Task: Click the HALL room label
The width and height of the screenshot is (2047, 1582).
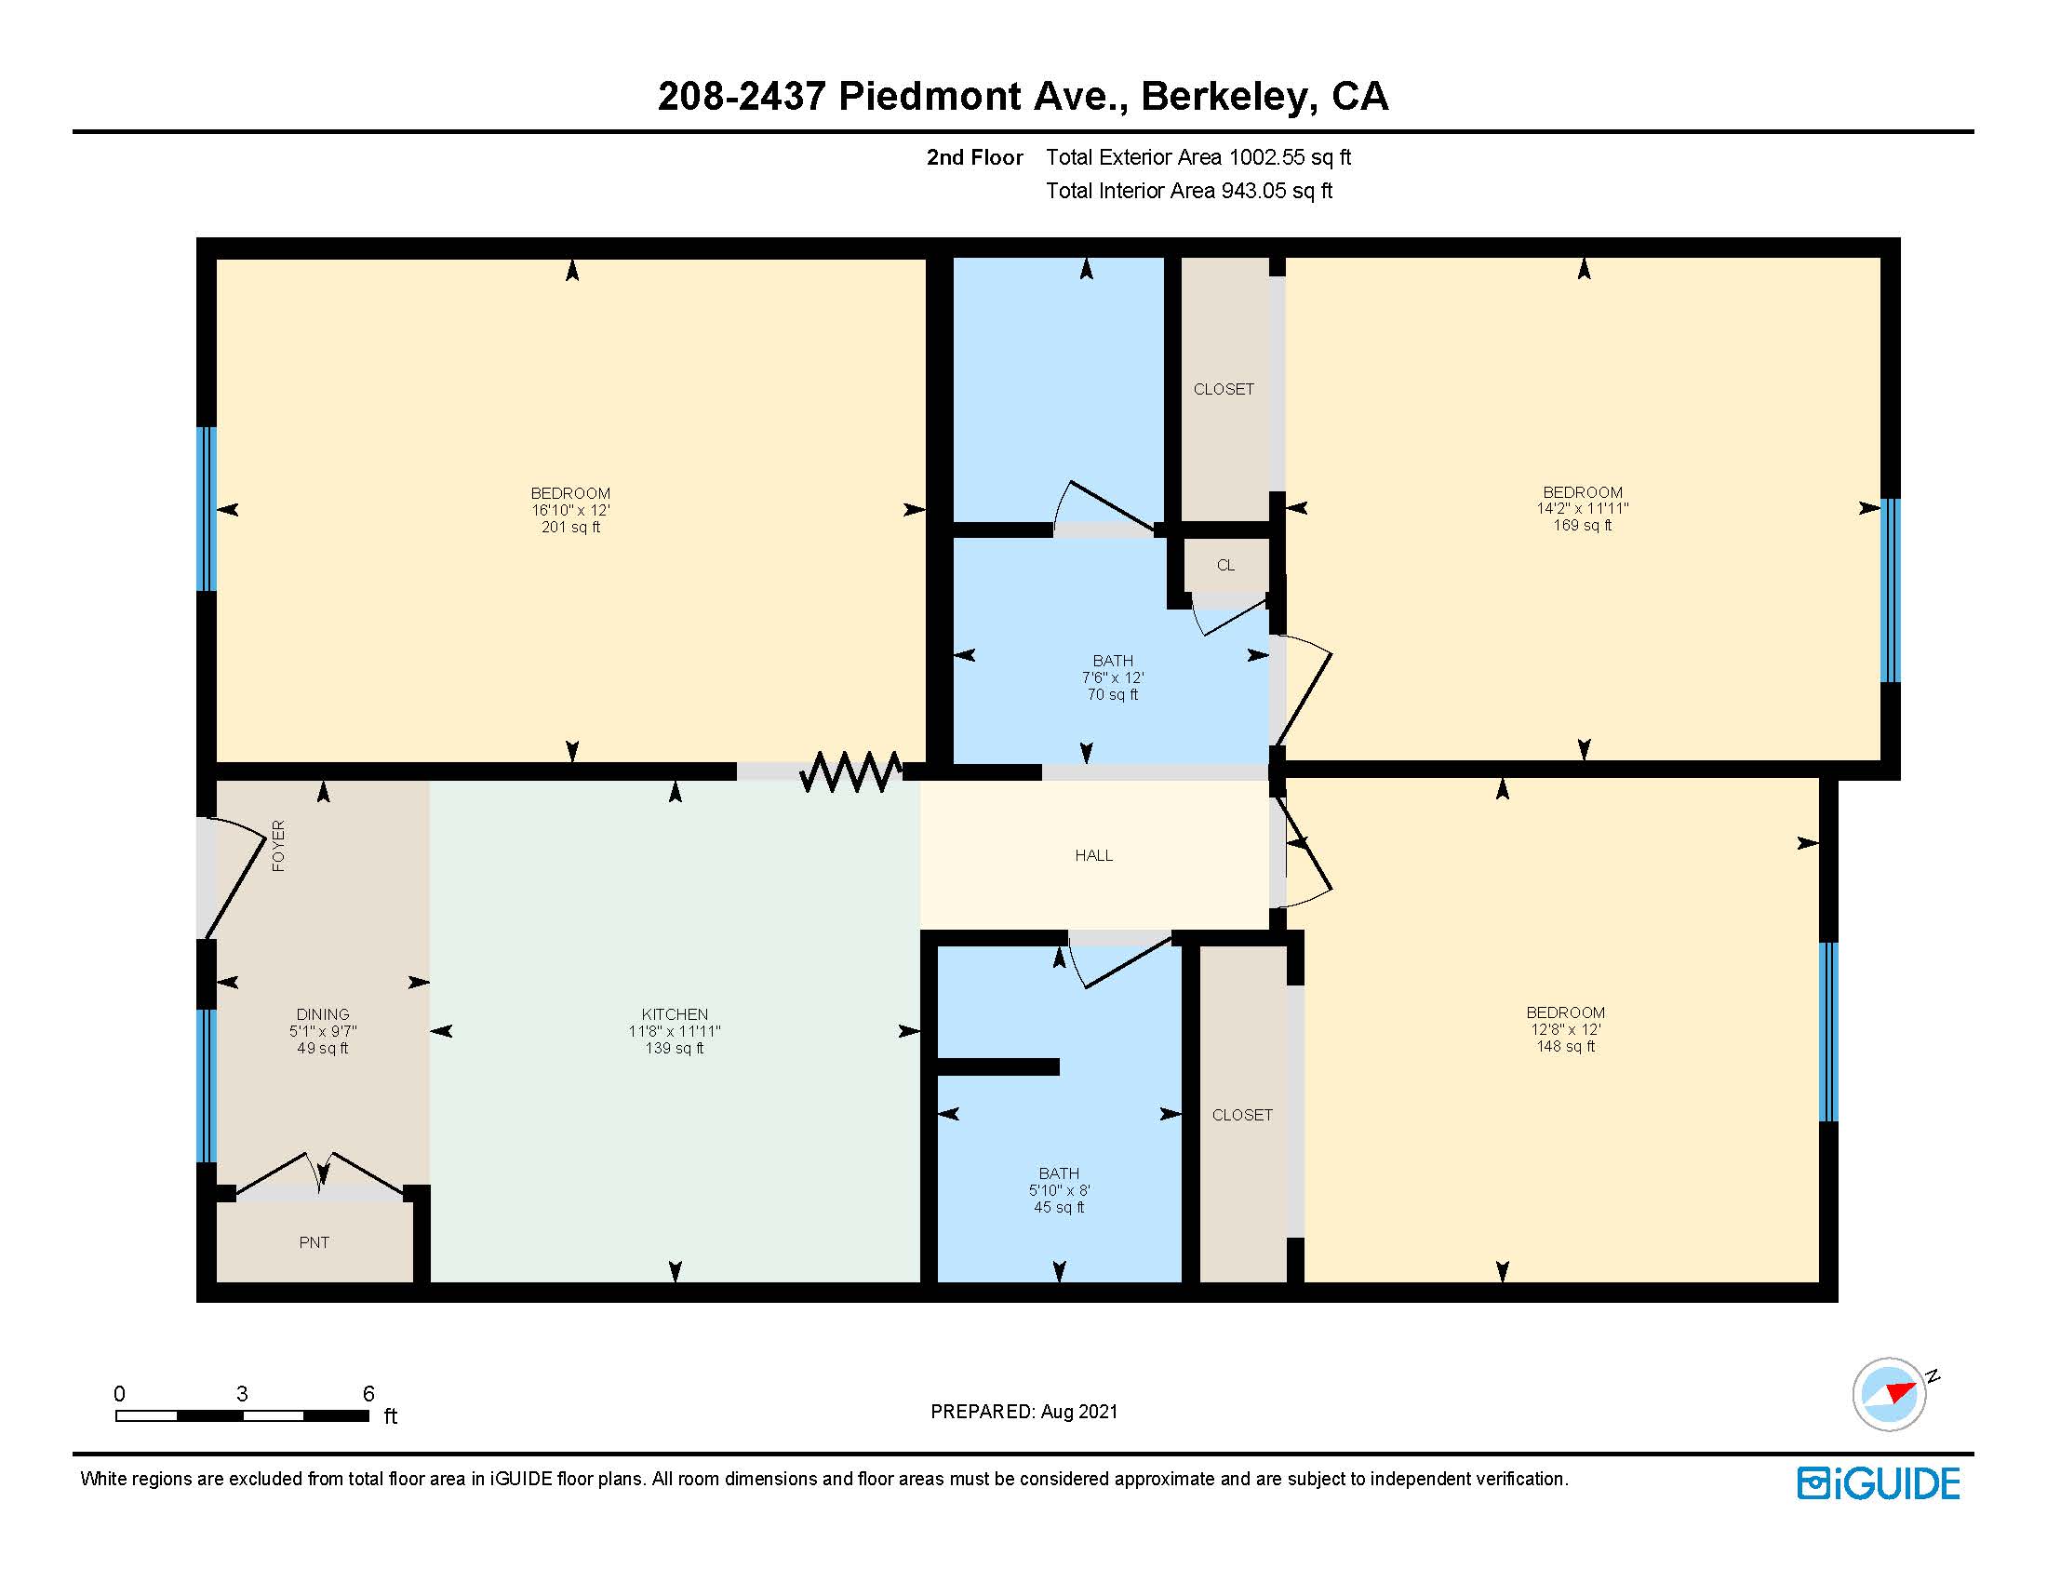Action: coord(1093,854)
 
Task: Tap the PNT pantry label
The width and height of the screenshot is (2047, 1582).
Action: coord(314,1241)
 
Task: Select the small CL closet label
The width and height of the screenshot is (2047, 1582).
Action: coord(1225,565)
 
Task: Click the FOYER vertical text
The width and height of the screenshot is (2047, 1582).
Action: coord(278,845)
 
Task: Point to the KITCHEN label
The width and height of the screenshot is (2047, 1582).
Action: coord(674,1014)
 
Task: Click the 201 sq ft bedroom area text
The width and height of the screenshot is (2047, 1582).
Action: coord(569,528)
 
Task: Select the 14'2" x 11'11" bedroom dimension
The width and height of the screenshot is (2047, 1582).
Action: coord(1582,508)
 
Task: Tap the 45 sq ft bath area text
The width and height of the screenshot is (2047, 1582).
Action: coord(1058,1207)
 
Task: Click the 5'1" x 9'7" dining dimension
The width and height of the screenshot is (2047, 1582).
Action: coord(323,1031)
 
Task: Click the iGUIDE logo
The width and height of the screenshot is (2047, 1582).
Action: coord(1879,1483)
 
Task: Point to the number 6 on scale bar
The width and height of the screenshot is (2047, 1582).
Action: coord(368,1394)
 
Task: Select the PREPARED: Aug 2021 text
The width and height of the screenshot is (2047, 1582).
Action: coord(1023,1412)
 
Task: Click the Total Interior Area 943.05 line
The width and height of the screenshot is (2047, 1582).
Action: coord(1188,191)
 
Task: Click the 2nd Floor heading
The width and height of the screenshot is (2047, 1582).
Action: coord(974,157)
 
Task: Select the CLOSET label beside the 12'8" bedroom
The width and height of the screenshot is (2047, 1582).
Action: coord(1242,1114)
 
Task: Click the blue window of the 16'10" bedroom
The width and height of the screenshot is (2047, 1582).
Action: coord(207,509)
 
